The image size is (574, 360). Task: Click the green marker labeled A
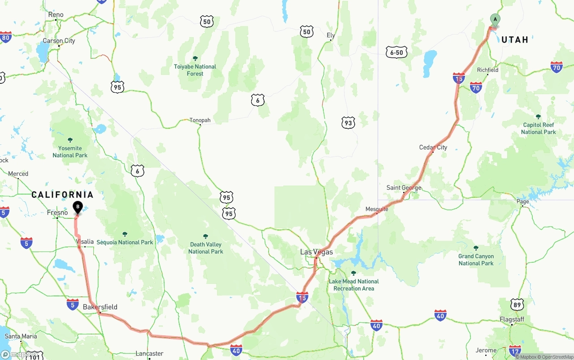click(x=495, y=20)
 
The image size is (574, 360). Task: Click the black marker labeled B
click(x=78, y=207)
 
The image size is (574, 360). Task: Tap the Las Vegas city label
click(x=317, y=252)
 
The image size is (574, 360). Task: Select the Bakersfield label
click(x=100, y=307)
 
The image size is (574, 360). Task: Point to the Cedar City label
click(x=433, y=147)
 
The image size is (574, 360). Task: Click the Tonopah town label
click(x=200, y=120)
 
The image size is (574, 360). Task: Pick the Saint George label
click(x=404, y=188)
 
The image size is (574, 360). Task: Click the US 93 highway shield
click(x=348, y=122)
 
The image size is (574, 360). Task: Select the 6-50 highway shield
click(x=396, y=52)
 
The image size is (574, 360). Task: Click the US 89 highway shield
click(x=517, y=304)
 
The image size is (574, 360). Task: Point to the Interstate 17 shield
click(x=515, y=351)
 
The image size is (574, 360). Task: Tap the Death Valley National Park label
click(x=205, y=248)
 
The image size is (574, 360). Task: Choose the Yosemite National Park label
click(x=70, y=152)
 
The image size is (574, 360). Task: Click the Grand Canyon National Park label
click(x=476, y=260)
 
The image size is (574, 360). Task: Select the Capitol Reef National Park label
click(x=538, y=128)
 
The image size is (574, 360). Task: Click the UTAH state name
click(x=515, y=40)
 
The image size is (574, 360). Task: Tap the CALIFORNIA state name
click(x=62, y=195)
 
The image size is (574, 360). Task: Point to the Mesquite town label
click(x=377, y=209)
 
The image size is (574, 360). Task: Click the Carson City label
click(x=59, y=41)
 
